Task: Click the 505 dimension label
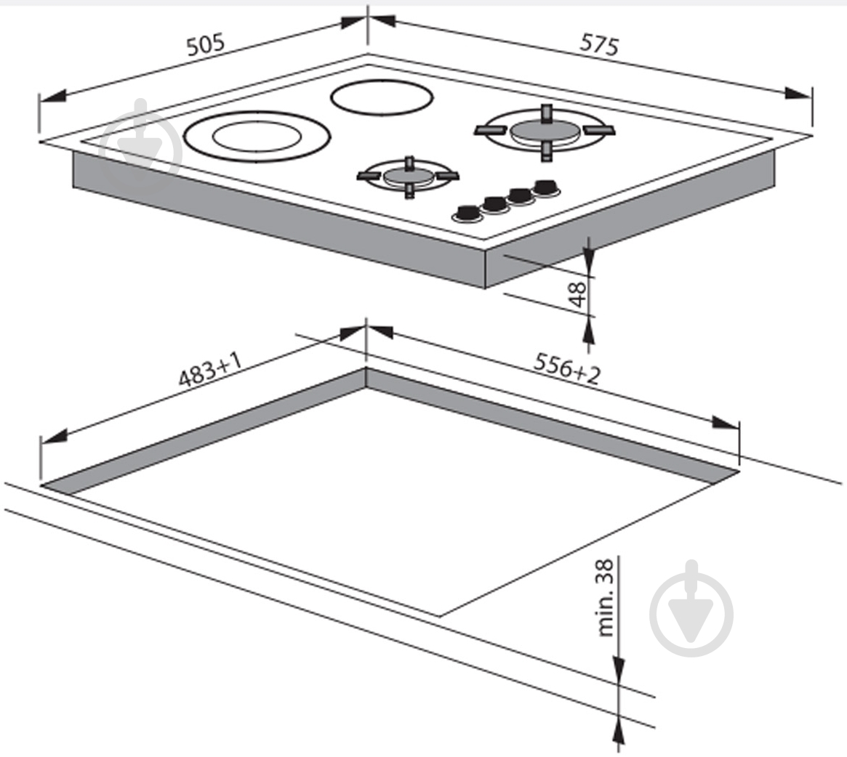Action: [205, 45]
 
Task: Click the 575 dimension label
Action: [599, 44]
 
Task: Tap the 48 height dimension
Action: [578, 294]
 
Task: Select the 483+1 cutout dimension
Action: [209, 370]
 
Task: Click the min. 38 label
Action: [606, 597]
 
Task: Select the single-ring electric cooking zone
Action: [382, 98]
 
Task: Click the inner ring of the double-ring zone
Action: [257, 136]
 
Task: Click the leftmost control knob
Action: [466, 213]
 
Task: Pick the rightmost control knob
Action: [546, 187]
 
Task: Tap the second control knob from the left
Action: [495, 203]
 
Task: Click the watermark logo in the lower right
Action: [691, 607]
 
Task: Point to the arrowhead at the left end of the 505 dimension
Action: [52, 97]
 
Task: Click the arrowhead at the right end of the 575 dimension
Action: [798, 94]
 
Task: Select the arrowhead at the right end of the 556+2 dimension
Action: [725, 422]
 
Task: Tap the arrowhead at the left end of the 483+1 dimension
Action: [54, 436]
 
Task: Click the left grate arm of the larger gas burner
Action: [491, 129]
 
